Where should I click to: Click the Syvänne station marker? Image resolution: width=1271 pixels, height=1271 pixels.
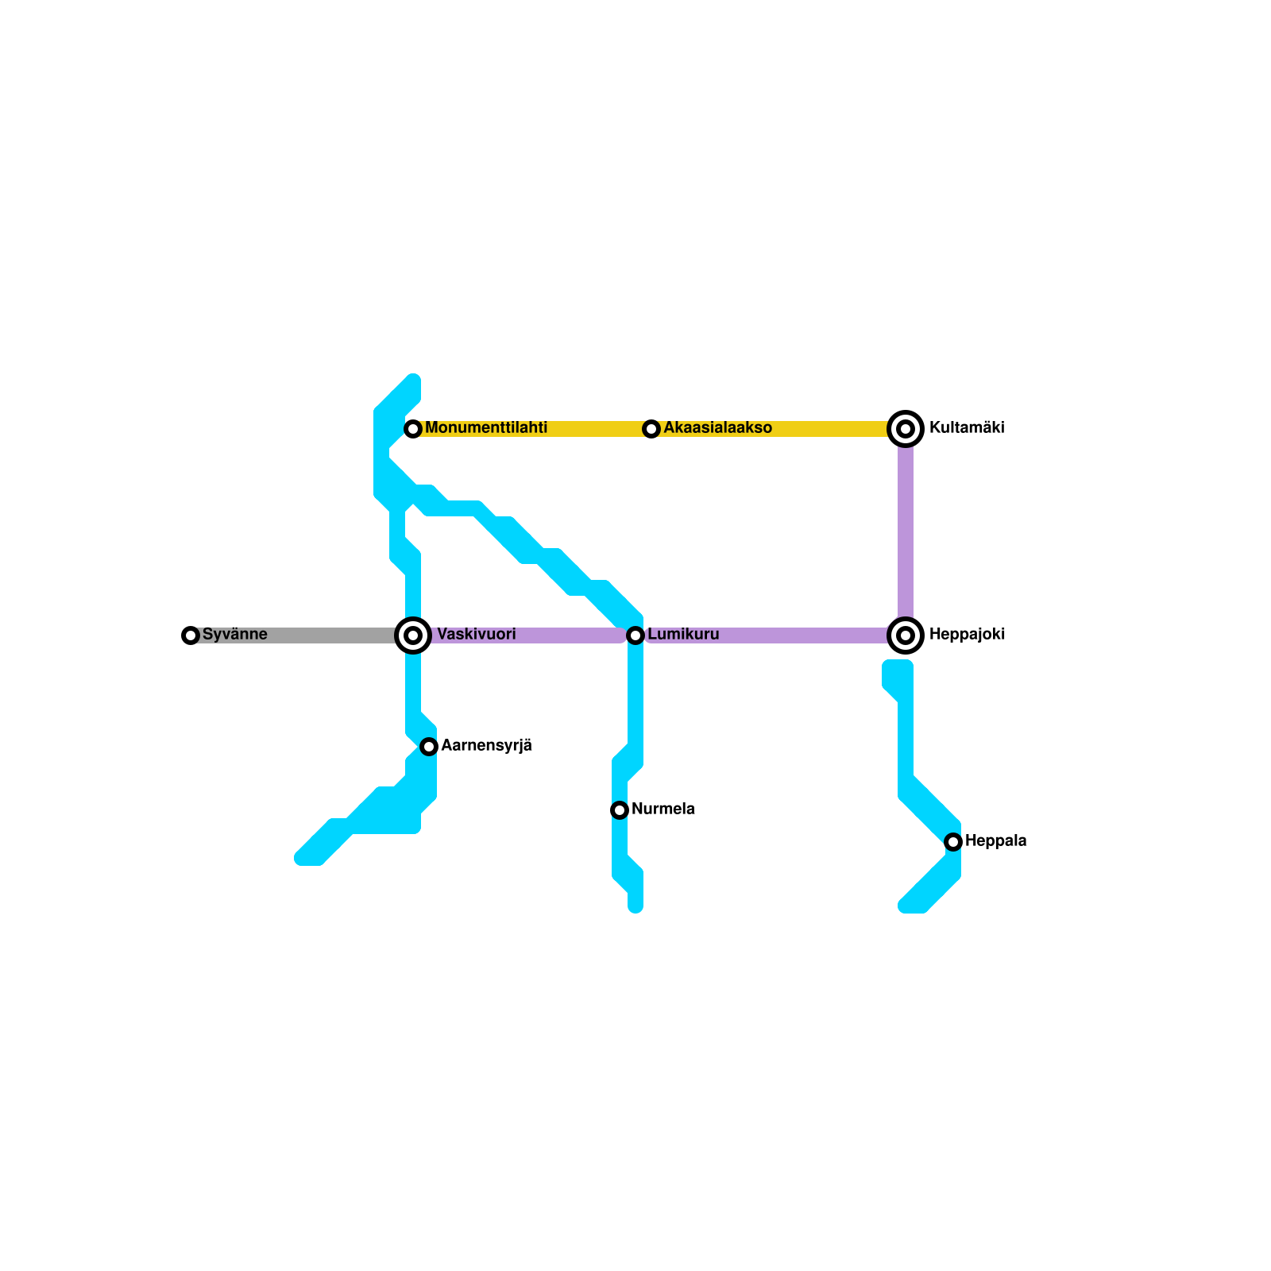tap(191, 635)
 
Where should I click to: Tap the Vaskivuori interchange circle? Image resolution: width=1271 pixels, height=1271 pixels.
tap(413, 635)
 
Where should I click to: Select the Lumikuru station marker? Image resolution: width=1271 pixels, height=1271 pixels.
tap(635, 635)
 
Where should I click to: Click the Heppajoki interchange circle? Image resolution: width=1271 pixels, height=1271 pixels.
tap(906, 635)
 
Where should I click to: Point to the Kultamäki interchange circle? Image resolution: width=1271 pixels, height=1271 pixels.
tap(906, 429)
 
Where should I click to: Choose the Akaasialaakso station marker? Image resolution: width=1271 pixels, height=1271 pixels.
tap(651, 429)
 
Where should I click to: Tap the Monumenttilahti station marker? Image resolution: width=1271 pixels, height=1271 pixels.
tap(413, 429)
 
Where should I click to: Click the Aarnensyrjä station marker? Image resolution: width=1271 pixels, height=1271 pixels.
tap(429, 747)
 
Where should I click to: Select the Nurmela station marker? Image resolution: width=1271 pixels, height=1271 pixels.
tap(620, 810)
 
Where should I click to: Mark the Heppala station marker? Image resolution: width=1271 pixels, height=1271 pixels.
tap(953, 842)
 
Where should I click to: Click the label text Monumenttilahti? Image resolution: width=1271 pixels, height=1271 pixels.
tap(486, 428)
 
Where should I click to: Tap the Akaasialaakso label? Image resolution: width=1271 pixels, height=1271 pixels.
tap(717, 428)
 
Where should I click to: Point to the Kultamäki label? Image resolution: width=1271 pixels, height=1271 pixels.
tap(967, 428)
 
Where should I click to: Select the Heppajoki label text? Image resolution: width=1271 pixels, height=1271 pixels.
tap(967, 635)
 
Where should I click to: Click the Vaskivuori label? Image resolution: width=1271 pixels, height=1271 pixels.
tap(477, 635)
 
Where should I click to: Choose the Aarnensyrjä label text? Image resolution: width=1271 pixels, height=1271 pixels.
tap(486, 746)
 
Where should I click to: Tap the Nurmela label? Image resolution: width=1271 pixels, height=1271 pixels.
tap(663, 809)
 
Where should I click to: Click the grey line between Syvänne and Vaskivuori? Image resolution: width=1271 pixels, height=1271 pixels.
tap(302, 635)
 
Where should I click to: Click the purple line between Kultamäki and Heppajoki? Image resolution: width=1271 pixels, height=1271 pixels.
tap(906, 532)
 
